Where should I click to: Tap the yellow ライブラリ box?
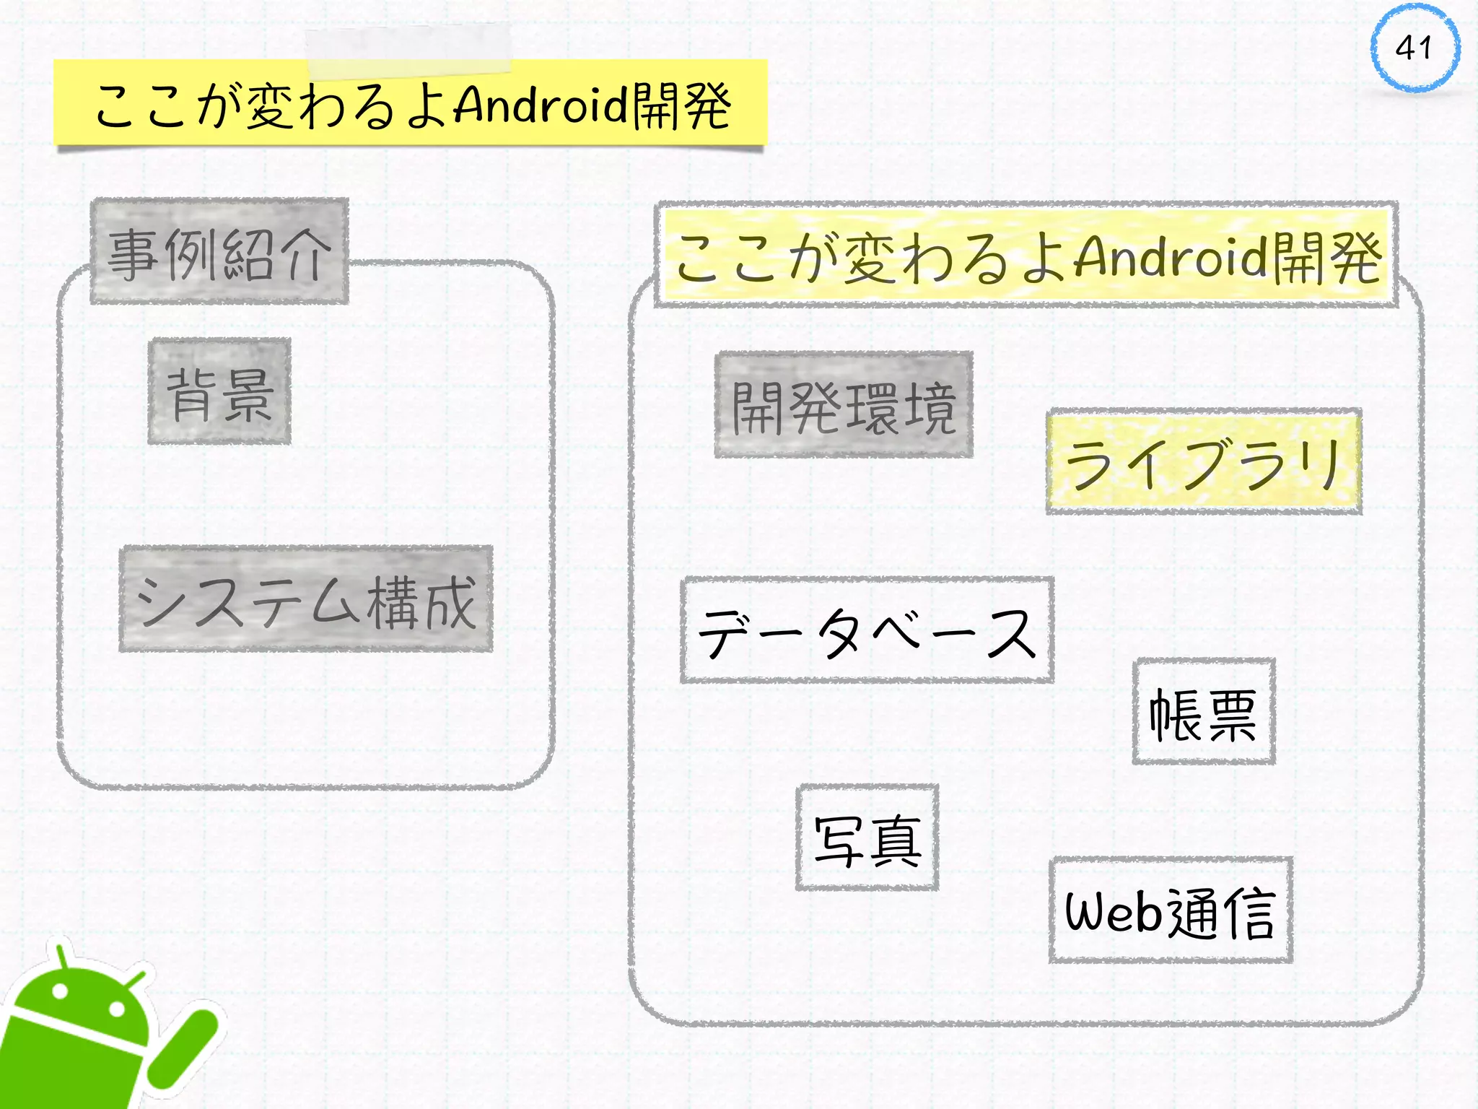tap(1204, 462)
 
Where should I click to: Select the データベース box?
tap(867, 630)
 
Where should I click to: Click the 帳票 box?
tap(1204, 712)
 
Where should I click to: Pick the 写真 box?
tap(867, 838)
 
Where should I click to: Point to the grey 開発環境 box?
tap(844, 406)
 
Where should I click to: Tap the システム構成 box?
tap(306, 599)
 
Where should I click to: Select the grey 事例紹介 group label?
tap(219, 251)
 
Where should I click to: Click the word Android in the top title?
tap(541, 105)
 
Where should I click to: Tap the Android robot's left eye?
tap(61, 991)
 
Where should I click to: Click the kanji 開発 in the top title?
tap(682, 105)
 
